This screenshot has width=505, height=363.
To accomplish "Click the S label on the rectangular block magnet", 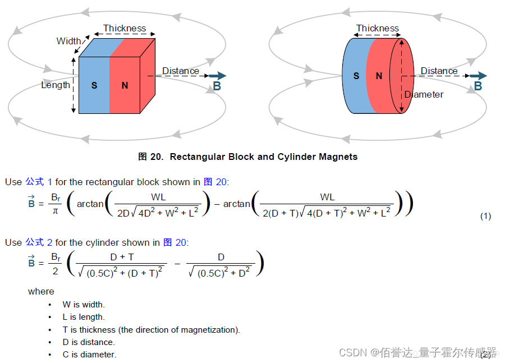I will pyautogui.click(x=94, y=85).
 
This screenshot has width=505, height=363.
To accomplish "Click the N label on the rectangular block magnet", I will pyautogui.click(x=125, y=85).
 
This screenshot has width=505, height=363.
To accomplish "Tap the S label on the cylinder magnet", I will pyautogui.click(x=356, y=76).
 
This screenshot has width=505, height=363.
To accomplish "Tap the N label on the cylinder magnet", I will pyautogui.click(x=379, y=76).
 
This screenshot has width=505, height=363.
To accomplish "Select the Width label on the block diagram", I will pyautogui.click(x=68, y=41).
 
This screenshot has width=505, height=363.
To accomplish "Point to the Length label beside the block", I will pyautogui.click(x=56, y=85).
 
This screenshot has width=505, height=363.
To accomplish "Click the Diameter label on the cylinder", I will pyautogui.click(x=424, y=94).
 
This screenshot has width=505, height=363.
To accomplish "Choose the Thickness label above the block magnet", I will pyautogui.click(x=125, y=28).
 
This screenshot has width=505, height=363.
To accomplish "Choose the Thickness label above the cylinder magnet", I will pyautogui.click(x=378, y=28).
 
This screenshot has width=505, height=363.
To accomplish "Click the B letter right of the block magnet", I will pyautogui.click(x=217, y=86).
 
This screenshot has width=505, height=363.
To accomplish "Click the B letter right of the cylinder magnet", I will pyautogui.click(x=478, y=86).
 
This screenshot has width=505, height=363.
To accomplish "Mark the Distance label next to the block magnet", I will pyautogui.click(x=181, y=71).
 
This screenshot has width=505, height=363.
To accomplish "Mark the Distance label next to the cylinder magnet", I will pyautogui.click(x=439, y=71).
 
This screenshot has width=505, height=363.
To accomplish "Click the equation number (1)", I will pyautogui.click(x=485, y=216).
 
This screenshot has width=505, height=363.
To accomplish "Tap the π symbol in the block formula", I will pyautogui.click(x=55, y=210).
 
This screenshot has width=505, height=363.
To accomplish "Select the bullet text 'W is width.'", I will pyautogui.click(x=84, y=304).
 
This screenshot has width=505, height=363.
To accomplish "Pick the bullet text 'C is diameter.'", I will pyautogui.click(x=89, y=355).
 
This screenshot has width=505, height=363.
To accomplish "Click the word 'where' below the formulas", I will pyautogui.click(x=41, y=291).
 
